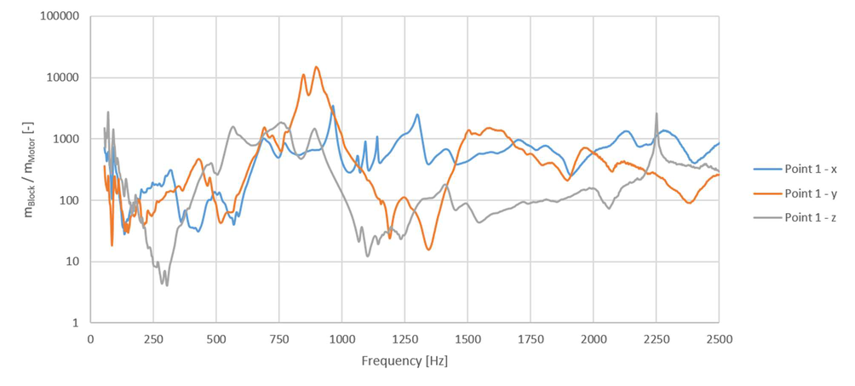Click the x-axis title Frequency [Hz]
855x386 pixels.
(x=405, y=360)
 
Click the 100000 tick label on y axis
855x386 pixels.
(x=60, y=17)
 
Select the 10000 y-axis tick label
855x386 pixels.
(x=63, y=78)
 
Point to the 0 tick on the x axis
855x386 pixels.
(x=90, y=337)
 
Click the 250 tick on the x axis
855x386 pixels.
(x=153, y=337)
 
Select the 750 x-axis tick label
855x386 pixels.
(x=278, y=337)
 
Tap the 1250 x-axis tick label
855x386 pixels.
(x=405, y=337)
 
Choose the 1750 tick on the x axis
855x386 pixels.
(x=530, y=337)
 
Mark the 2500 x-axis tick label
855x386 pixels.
(x=718, y=337)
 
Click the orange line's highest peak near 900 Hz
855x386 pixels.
(x=317, y=67)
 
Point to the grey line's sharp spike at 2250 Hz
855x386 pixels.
(x=656, y=113)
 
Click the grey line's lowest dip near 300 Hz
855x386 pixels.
(x=167, y=285)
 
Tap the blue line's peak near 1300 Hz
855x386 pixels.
(x=417, y=115)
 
